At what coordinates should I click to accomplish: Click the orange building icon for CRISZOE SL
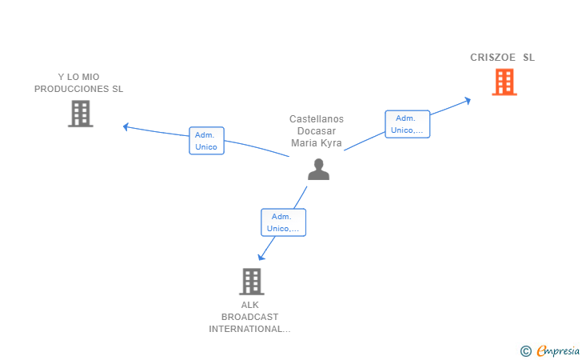tap(504, 82)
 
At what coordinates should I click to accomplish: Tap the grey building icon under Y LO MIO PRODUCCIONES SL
tap(81, 114)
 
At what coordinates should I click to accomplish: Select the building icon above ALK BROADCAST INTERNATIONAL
tap(252, 282)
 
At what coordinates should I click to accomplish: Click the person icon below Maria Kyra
tap(318, 169)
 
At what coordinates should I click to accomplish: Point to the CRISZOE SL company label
tap(502, 58)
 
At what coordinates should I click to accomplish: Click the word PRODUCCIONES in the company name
tap(68, 89)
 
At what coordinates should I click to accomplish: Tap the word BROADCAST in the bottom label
tap(249, 317)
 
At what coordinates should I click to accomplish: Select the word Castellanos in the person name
tap(317, 119)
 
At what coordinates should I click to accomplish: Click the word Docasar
tap(317, 130)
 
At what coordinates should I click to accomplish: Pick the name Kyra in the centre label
tap(332, 143)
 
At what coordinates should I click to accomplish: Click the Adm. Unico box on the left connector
tap(206, 141)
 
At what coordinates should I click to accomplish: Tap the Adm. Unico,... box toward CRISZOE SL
tap(407, 124)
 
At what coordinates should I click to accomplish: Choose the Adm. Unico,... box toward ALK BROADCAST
tap(283, 222)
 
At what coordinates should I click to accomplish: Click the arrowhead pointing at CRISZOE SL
tap(468, 100)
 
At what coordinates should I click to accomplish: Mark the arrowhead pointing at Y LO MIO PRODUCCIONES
tap(126, 127)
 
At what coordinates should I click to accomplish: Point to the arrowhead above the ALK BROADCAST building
tap(261, 257)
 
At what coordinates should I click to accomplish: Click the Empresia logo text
tap(558, 350)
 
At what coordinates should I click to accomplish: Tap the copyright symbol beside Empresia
tap(526, 351)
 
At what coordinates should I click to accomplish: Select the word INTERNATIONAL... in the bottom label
tap(249, 329)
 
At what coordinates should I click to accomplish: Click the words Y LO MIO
tap(78, 77)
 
